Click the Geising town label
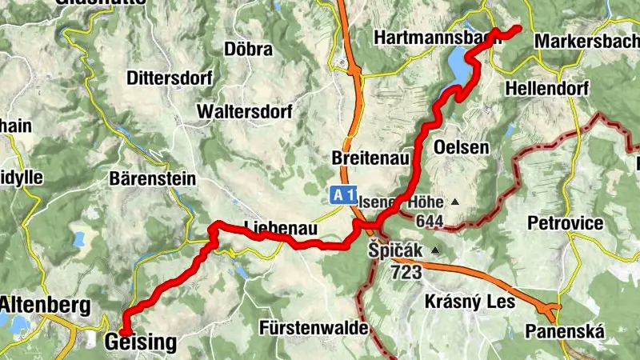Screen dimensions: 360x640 pos(140,343)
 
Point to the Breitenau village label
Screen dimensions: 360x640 pos(366,159)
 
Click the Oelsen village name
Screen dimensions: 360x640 pos(461,147)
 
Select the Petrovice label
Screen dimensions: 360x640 pos(566,222)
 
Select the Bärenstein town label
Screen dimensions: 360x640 pos(152,178)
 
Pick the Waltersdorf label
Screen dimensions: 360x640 pos(242,110)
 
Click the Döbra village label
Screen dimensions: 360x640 pos(249,49)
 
